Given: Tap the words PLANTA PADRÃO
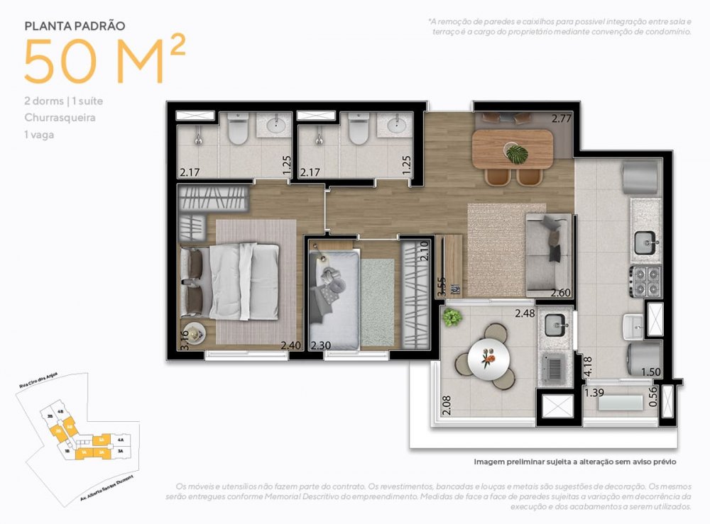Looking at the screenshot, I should click(x=75, y=26).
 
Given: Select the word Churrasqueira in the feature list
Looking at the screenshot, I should click(x=60, y=118).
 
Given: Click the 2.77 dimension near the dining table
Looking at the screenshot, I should click(x=562, y=118).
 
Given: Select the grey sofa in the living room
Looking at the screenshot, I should click(x=549, y=255).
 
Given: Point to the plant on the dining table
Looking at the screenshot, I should click(x=516, y=152).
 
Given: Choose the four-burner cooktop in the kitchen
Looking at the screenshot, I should click(x=645, y=280).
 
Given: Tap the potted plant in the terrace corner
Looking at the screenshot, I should click(x=452, y=318).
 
